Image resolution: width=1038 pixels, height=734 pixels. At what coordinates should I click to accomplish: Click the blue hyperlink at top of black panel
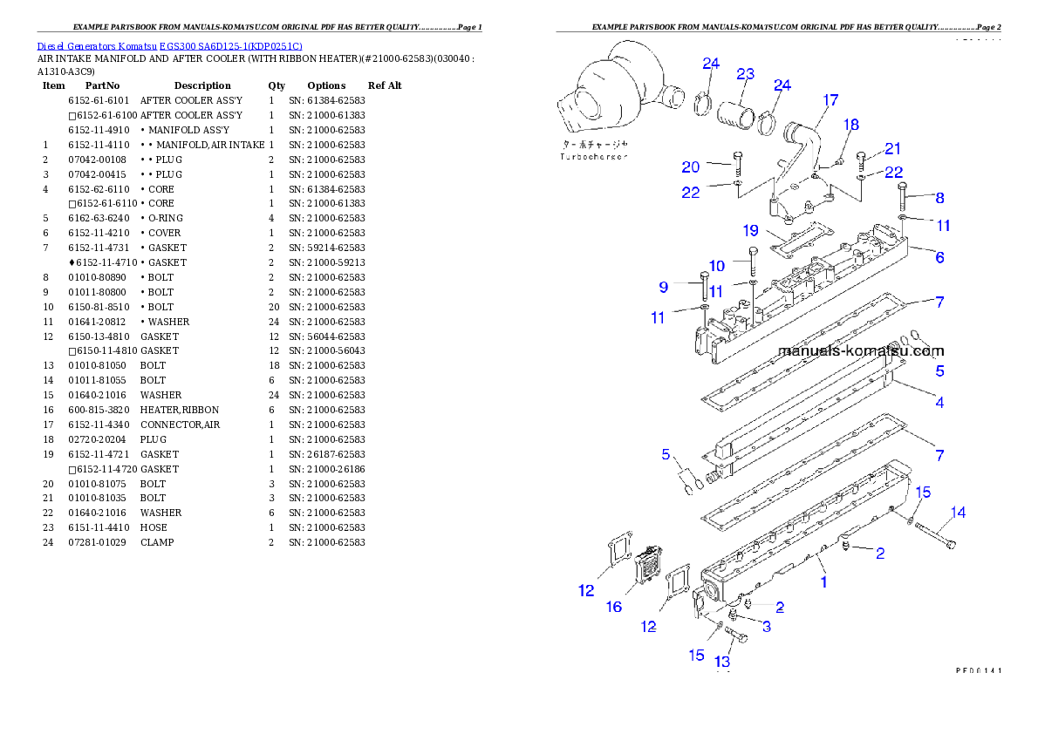(169, 46)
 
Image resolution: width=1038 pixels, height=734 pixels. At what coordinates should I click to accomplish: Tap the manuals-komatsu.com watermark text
(860, 351)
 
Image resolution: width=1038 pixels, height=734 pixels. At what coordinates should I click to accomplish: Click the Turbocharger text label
(594, 157)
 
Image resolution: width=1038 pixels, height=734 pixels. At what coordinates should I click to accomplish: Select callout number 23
(745, 74)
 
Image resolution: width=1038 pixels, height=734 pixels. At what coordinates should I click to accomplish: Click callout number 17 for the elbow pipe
(830, 100)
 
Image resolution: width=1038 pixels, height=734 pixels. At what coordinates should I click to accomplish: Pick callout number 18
(850, 126)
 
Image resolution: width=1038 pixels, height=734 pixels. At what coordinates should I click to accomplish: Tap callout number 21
(892, 149)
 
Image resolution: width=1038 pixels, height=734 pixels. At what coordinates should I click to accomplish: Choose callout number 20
(691, 167)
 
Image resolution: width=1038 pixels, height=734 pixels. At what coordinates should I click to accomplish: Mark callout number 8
(939, 198)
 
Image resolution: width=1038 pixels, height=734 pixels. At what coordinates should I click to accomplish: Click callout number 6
(939, 257)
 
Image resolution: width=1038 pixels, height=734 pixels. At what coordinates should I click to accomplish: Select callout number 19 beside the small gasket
(751, 231)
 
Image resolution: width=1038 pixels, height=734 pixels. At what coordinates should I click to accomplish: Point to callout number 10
(716, 266)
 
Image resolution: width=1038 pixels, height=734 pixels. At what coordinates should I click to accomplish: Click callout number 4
(939, 403)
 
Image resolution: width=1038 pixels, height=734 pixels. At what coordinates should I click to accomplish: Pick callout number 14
(958, 513)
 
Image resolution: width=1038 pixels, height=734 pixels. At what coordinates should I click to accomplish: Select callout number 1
(823, 581)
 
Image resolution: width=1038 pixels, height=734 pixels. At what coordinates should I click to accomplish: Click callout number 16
(615, 607)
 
